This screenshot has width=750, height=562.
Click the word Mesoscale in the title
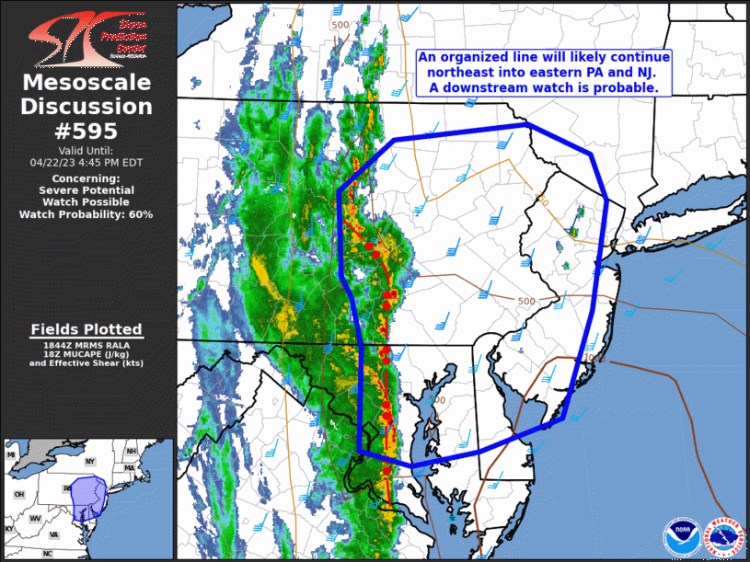[x=87, y=83]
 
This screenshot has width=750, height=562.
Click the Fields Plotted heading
[x=87, y=329]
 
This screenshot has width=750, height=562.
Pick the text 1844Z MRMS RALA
[x=87, y=344]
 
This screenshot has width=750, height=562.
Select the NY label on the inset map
[x=90, y=461]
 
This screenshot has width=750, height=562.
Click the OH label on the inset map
[x=18, y=494]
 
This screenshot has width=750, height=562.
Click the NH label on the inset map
[x=132, y=452]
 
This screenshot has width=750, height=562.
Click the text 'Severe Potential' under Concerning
[x=87, y=189]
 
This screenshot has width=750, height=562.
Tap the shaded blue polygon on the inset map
[x=89, y=498]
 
